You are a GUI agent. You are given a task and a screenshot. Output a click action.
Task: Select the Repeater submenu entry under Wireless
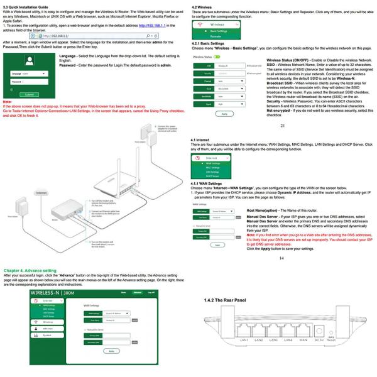(x=218, y=36)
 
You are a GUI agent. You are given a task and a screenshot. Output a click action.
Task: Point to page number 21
(x=282, y=126)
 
